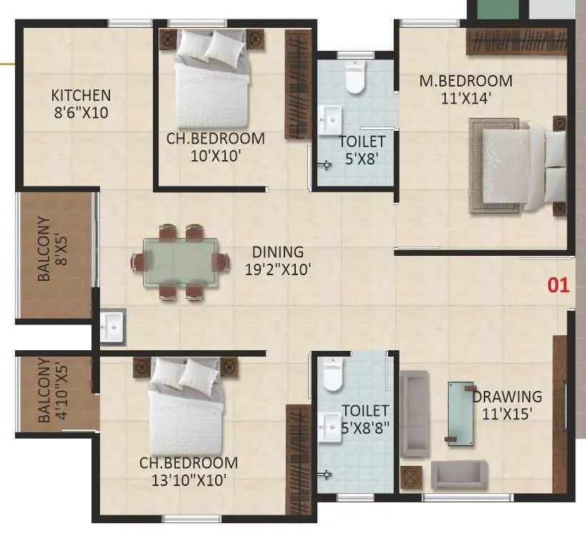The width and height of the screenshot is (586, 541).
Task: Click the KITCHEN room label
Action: click(x=81, y=95)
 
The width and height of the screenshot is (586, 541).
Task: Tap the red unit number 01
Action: click(x=558, y=285)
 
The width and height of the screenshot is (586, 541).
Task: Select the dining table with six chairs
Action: click(x=179, y=262)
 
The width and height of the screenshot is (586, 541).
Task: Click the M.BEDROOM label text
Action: click(x=465, y=81)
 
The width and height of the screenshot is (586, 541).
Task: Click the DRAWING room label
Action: click(x=507, y=396)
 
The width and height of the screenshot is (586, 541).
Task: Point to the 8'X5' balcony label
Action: click(x=44, y=249)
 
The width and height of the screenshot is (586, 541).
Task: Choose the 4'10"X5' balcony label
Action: click(x=44, y=390)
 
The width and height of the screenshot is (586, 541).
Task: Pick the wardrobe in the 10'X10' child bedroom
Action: click(x=297, y=84)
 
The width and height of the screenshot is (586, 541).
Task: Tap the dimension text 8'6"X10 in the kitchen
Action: click(x=81, y=112)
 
